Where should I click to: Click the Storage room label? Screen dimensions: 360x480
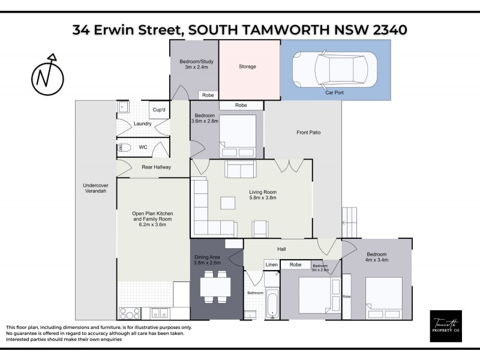coord(247,67)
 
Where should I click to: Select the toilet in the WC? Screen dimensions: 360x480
coord(125,147)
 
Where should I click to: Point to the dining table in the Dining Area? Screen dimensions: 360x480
coord(215,287)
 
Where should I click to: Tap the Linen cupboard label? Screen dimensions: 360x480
coord(272,265)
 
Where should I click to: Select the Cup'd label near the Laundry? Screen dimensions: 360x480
coord(159,110)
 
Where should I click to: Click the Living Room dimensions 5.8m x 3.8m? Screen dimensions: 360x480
coord(262,198)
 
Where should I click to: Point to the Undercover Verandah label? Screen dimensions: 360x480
coord(95,188)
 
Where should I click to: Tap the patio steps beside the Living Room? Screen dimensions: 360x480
coord(349,223)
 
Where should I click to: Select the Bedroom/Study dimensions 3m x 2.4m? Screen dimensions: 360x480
coord(193,68)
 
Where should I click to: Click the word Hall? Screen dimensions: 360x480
coord(281,248)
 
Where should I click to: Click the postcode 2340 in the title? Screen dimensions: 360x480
coord(386,29)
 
